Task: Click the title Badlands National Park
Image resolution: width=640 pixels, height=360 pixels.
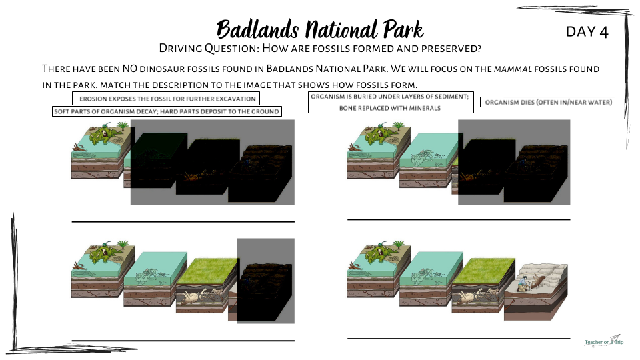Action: pos(320,29)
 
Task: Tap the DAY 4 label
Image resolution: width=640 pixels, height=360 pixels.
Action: pos(587,32)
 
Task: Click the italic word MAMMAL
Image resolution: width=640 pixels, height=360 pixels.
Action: pos(513,69)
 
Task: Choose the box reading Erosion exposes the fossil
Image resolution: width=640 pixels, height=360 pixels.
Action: pos(166,99)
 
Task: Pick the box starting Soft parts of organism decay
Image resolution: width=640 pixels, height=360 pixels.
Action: pos(167,111)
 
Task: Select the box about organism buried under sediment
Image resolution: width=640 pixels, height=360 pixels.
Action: pos(391,102)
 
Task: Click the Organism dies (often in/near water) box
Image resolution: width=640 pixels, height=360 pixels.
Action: pos(548,102)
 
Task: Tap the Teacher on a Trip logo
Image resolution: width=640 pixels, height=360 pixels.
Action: pos(604,341)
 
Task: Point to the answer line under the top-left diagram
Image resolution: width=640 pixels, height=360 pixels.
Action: pos(183,221)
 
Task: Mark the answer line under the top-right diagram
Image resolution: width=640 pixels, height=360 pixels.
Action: pos(459,219)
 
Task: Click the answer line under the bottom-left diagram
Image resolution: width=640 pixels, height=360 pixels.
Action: pos(183,341)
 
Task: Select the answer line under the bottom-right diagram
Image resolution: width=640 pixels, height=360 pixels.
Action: pos(459,339)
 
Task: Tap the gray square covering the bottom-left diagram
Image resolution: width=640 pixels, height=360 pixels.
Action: pos(266,281)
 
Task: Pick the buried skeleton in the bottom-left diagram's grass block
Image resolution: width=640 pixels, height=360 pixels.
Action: pos(200,297)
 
